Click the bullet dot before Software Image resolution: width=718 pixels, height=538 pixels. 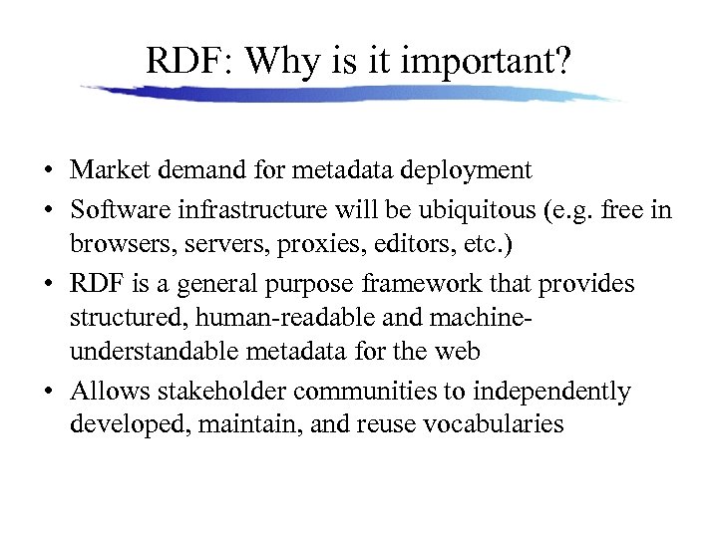[48, 212]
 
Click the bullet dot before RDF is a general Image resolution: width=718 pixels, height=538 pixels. [48, 285]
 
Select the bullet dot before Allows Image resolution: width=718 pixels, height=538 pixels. [48, 393]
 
